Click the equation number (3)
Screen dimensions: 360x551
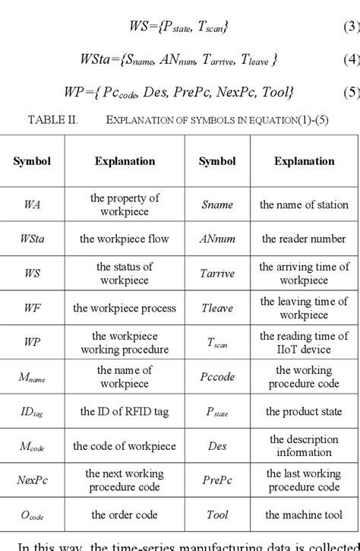[x=351, y=27]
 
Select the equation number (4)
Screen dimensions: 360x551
[x=351, y=59]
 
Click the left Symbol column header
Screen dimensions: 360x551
[x=32, y=161]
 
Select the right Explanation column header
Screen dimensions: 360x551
[x=304, y=161]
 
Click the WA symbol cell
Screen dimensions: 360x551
[x=32, y=204]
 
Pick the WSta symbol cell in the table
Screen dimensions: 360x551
[x=32, y=239]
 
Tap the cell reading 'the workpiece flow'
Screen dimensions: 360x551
[x=125, y=239]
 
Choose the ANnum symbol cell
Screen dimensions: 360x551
[x=217, y=239]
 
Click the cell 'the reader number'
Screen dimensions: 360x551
[x=304, y=239]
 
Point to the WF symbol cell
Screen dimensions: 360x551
[x=32, y=308]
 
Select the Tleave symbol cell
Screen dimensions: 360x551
[x=217, y=308]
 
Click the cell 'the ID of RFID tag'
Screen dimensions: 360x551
[x=125, y=411]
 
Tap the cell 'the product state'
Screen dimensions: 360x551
[x=304, y=411]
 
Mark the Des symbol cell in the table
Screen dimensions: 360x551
[x=217, y=446]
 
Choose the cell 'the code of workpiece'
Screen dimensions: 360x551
[x=125, y=446]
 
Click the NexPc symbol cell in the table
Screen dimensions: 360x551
[x=32, y=480]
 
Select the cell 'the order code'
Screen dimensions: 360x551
[x=125, y=515]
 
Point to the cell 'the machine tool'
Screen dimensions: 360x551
[x=304, y=515]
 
